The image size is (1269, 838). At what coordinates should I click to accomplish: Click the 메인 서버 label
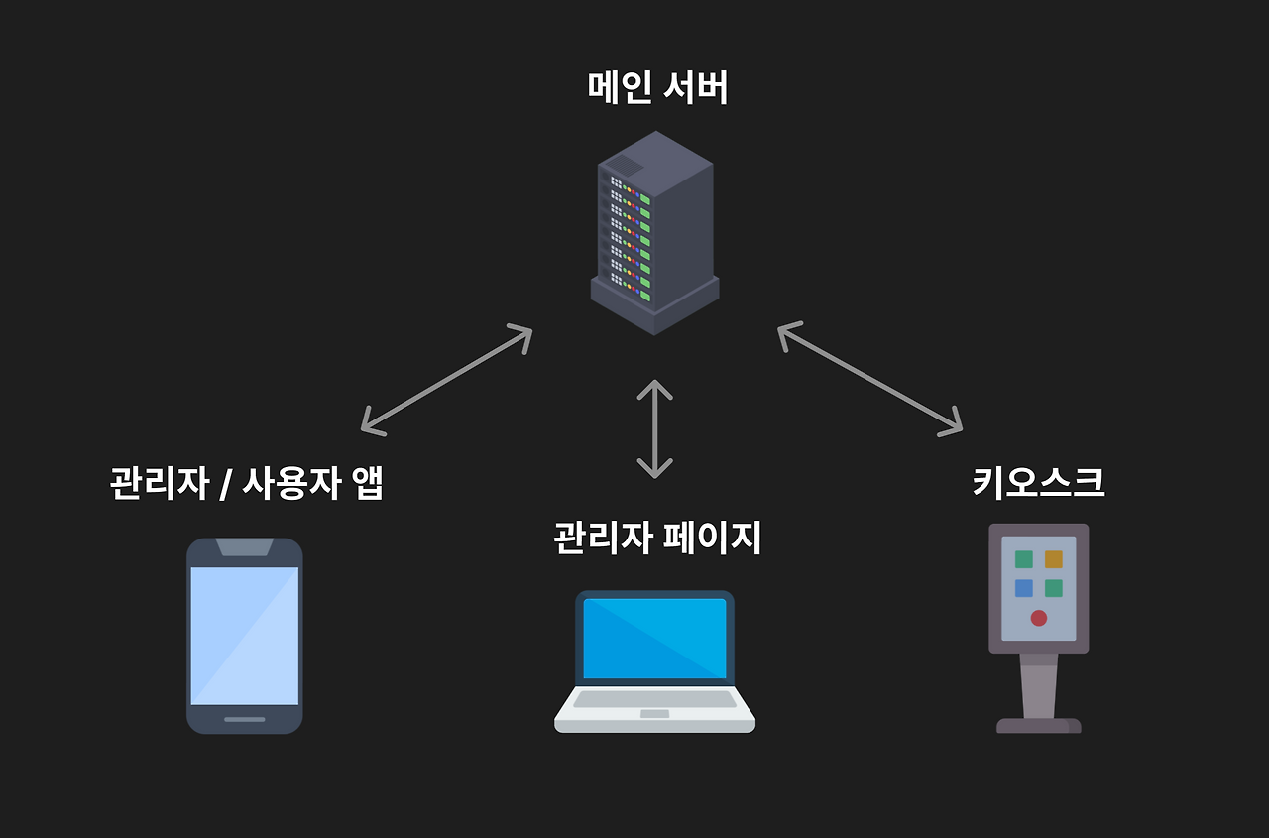click(x=657, y=88)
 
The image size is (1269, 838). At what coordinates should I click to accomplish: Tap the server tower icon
click(x=654, y=233)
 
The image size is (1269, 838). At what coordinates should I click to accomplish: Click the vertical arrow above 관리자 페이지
click(x=654, y=428)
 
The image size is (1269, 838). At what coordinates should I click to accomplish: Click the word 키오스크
click(x=1038, y=482)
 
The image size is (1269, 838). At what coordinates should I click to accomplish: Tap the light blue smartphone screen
click(x=244, y=635)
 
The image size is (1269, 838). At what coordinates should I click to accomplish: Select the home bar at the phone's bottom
click(x=244, y=719)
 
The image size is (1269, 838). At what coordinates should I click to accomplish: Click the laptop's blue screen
click(x=654, y=638)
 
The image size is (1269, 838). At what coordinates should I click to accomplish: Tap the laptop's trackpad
click(x=654, y=714)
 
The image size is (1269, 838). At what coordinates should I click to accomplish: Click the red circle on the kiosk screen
click(x=1038, y=618)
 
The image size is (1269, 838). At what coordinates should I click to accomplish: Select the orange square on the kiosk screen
click(x=1053, y=559)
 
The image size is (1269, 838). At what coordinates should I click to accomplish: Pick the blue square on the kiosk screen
click(x=1023, y=588)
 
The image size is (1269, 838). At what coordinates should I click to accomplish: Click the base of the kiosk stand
click(x=1038, y=725)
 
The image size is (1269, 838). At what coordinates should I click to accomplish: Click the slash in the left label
click(x=225, y=484)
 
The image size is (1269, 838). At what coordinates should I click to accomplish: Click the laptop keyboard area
click(x=654, y=699)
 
